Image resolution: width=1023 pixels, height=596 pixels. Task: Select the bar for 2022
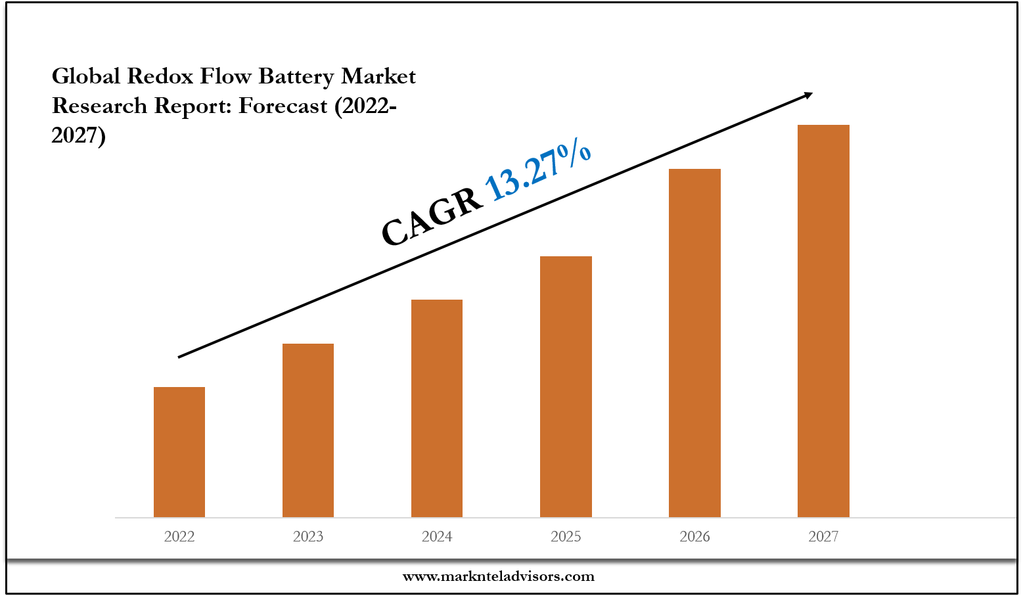pos(179,452)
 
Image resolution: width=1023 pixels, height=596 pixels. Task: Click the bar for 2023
pos(308,430)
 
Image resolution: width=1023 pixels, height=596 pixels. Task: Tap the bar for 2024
pos(437,408)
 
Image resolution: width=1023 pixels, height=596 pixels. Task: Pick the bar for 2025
pos(566,386)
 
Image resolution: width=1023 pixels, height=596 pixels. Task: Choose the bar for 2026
pos(694,343)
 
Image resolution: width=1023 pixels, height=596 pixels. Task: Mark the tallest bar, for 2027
pos(823,321)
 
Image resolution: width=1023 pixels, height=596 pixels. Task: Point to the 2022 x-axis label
pos(179,537)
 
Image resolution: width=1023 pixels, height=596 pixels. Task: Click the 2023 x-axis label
pos(308,537)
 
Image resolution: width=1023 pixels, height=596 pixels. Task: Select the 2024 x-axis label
pos(437,537)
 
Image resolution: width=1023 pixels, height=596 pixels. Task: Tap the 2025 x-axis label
pos(566,537)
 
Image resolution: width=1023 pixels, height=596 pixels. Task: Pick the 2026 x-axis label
pos(694,537)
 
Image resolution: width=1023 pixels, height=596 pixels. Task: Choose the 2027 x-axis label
pos(823,537)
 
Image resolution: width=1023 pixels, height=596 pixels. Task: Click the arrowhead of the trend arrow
pos(807,96)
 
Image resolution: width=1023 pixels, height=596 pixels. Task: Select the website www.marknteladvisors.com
pos(498,577)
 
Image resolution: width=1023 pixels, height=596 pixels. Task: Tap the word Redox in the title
pos(160,77)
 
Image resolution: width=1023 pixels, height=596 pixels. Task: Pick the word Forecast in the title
pos(283,106)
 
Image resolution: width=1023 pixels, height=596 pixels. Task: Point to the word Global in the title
pos(86,77)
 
